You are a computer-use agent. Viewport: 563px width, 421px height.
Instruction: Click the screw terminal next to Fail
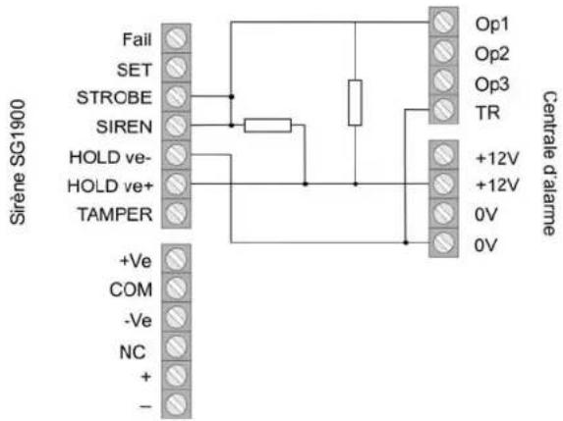pos(176,38)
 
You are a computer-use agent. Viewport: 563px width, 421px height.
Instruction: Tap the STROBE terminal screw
pos(176,96)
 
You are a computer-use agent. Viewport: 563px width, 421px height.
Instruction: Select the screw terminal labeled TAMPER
pos(176,213)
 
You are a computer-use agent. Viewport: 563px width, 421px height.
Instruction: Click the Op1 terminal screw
pos(443,22)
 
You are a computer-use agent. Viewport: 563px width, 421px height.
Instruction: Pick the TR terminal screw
pos(443,109)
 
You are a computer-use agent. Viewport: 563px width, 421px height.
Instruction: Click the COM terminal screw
pos(176,288)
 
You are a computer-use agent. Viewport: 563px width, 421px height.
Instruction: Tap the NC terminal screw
pos(176,346)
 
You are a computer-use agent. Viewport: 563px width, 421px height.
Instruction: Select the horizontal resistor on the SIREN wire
pos(267,126)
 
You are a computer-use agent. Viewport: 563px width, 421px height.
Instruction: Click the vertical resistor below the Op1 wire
pos(355,103)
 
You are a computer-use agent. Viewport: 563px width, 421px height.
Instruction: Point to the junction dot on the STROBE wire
pos(232,96)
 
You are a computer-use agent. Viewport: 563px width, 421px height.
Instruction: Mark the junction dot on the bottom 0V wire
pos(406,242)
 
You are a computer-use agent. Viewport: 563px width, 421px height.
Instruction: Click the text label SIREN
pos(124,127)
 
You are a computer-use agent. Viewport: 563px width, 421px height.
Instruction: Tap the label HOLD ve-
pos(111,157)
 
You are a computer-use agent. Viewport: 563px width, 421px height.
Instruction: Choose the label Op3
pos(492,84)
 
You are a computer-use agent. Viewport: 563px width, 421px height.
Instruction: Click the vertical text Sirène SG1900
pos(18,162)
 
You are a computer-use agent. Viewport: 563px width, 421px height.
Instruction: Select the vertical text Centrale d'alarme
pos(549,163)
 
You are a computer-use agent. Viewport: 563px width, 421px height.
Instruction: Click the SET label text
pos(134,70)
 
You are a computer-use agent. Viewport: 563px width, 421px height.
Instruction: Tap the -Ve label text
pos(138,320)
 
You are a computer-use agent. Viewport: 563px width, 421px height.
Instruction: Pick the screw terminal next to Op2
pos(443,51)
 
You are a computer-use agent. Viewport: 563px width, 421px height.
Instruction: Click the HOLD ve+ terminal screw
pos(176,184)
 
